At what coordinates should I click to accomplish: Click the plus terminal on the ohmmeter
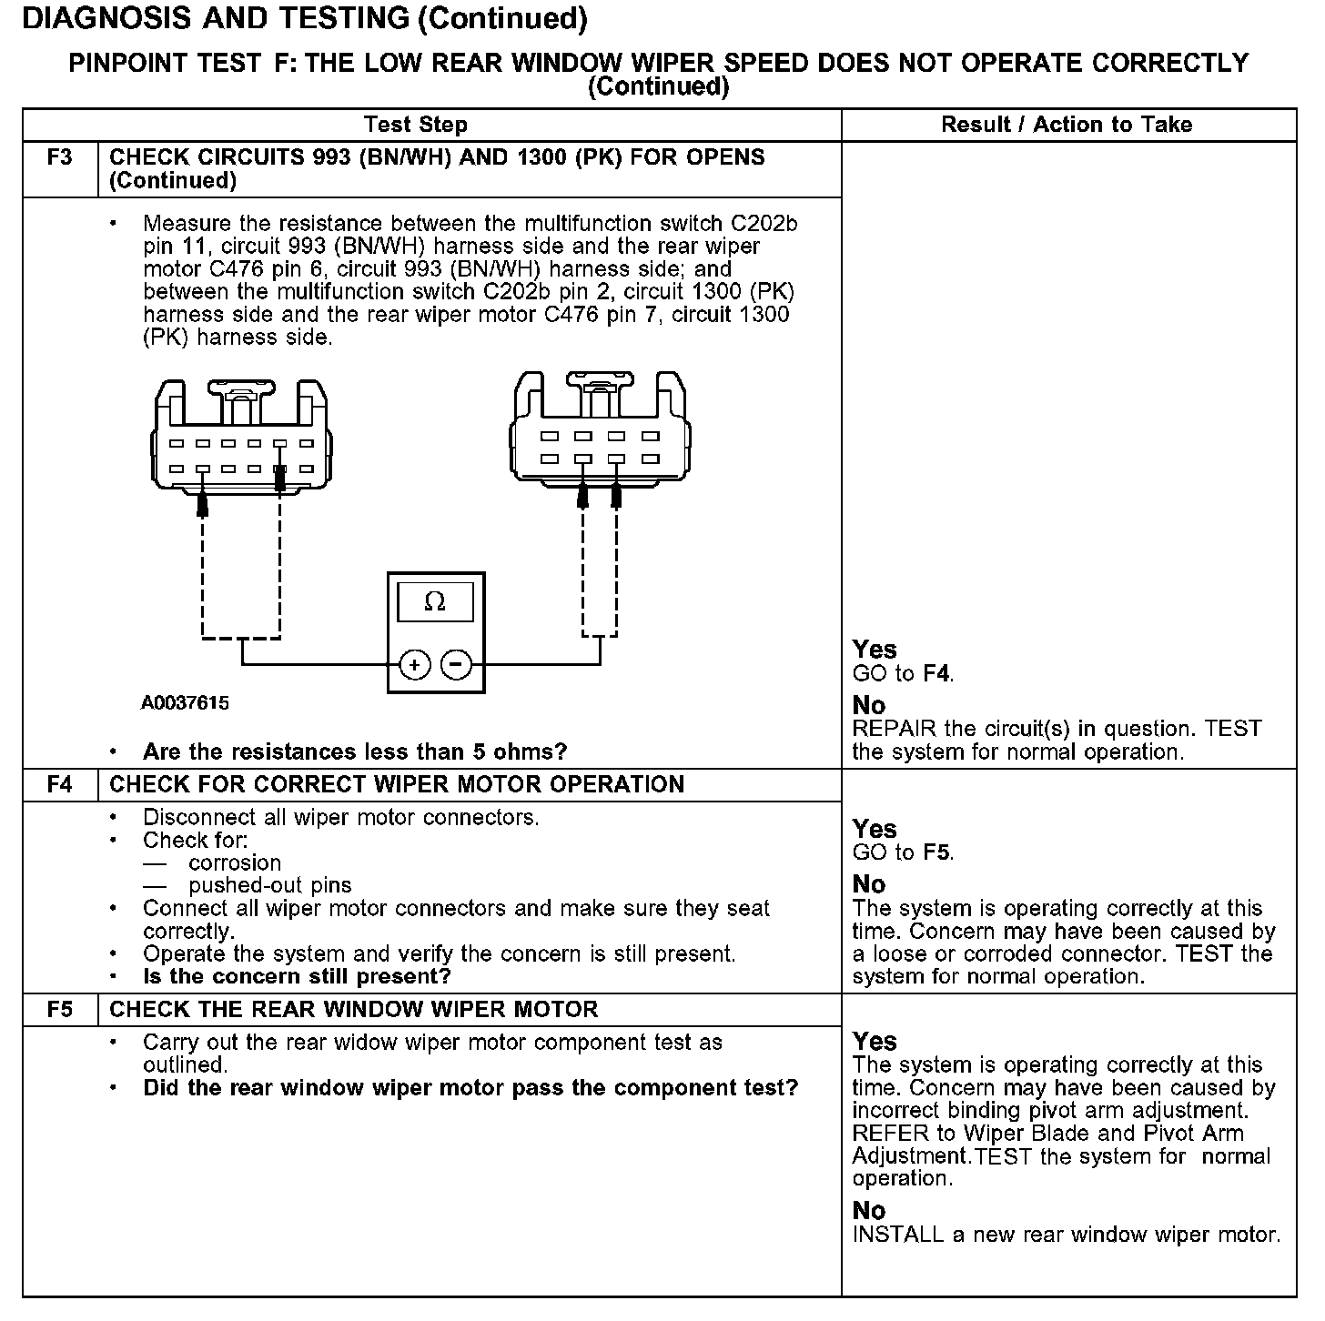[415, 665]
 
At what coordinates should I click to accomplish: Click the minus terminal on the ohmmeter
[456, 665]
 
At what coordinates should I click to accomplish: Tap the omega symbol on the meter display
[435, 602]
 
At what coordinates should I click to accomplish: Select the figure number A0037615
[185, 703]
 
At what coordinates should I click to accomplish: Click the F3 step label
[59, 157]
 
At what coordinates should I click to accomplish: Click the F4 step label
[59, 784]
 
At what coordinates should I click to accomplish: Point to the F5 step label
[59, 1009]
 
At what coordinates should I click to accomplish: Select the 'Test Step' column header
[416, 125]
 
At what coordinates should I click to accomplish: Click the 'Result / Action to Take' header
[1067, 125]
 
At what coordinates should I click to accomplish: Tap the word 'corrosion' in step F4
[235, 862]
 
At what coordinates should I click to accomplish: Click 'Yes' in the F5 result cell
[875, 1041]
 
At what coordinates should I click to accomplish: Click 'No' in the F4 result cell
[869, 884]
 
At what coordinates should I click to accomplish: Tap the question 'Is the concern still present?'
[297, 976]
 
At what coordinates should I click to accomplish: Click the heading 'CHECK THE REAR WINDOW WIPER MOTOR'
[354, 1009]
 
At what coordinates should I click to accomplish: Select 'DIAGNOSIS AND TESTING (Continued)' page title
[304, 18]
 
